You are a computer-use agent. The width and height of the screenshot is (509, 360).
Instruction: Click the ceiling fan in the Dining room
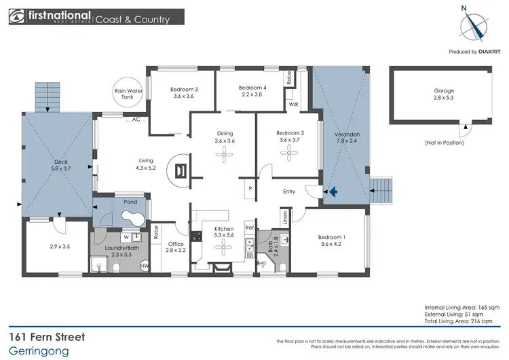pyautogui.click(x=224, y=156)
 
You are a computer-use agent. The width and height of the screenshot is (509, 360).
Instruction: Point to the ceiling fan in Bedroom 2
pyautogui.click(x=289, y=156)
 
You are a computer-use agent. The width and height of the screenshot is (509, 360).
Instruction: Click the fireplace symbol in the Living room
pyautogui.click(x=181, y=170)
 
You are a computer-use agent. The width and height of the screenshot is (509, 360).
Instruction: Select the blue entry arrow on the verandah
pyautogui.click(x=333, y=193)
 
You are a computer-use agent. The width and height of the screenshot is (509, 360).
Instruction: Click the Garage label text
pyautogui.click(x=444, y=90)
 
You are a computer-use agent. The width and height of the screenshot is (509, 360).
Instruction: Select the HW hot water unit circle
pyautogui.click(x=145, y=267)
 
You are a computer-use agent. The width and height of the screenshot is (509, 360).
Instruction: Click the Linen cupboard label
pyautogui.click(x=286, y=217)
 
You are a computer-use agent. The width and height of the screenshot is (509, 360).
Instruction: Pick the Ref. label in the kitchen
pyautogui.click(x=249, y=228)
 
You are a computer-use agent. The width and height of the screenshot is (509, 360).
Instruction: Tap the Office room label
pyautogui.click(x=176, y=244)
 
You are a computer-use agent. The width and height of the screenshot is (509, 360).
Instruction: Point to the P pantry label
pyautogui.click(x=250, y=188)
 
